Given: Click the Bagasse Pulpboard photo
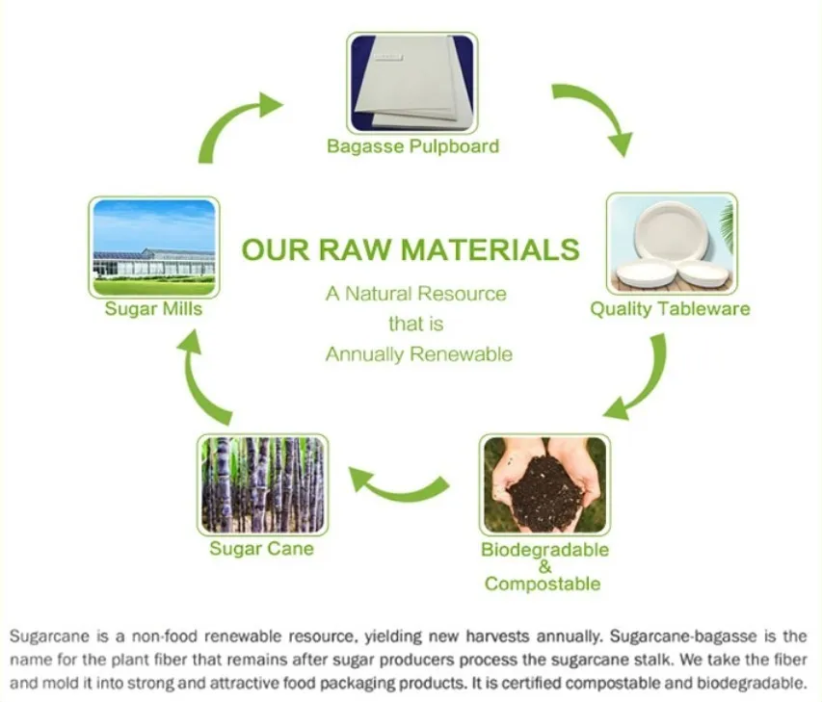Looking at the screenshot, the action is tap(412, 83).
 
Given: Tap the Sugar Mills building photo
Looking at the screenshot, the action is tap(154, 247).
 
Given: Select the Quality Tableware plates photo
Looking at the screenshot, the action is tap(672, 243).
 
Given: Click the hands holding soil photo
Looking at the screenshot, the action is tap(544, 484).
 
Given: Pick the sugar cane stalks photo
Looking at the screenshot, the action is tap(263, 484).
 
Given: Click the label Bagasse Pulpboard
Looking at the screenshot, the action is tap(412, 146).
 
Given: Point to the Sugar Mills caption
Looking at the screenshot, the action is tap(153, 308).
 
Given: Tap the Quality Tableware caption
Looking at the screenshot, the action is tap(670, 308).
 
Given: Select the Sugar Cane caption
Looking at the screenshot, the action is tap(261, 549).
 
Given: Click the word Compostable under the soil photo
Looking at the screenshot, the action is tap(543, 584).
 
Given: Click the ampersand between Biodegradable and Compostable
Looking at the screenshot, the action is tap(545, 566).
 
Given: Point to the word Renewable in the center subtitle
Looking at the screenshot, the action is tap(461, 354).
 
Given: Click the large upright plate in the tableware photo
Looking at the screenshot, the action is tap(673, 230).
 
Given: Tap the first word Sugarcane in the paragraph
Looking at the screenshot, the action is tap(50, 637).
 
